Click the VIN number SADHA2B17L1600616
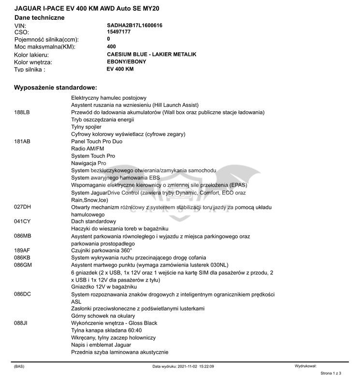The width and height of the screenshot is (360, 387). tap(134, 25)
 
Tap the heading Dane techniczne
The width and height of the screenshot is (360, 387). tap(39, 17)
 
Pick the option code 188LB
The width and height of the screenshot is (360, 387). tap(22, 112)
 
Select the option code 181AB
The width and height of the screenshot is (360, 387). tap(22, 141)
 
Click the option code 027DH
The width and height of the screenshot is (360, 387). tap(22, 207)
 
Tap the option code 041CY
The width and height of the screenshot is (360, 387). tap(22, 221)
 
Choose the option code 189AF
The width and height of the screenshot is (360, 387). tap(22, 251)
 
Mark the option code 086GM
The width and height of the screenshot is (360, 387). tap(23, 265)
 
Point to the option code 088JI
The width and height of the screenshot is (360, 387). tap(21, 323)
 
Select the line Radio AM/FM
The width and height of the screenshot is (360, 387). tap(87, 149)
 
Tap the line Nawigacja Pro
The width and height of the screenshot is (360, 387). tap(88, 163)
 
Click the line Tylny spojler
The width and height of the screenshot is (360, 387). tap(86, 127)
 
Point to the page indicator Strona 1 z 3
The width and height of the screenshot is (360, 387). tap(331, 373)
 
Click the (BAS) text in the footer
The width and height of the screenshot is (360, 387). tap(19, 367)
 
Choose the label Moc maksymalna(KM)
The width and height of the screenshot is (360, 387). tap(45, 47)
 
